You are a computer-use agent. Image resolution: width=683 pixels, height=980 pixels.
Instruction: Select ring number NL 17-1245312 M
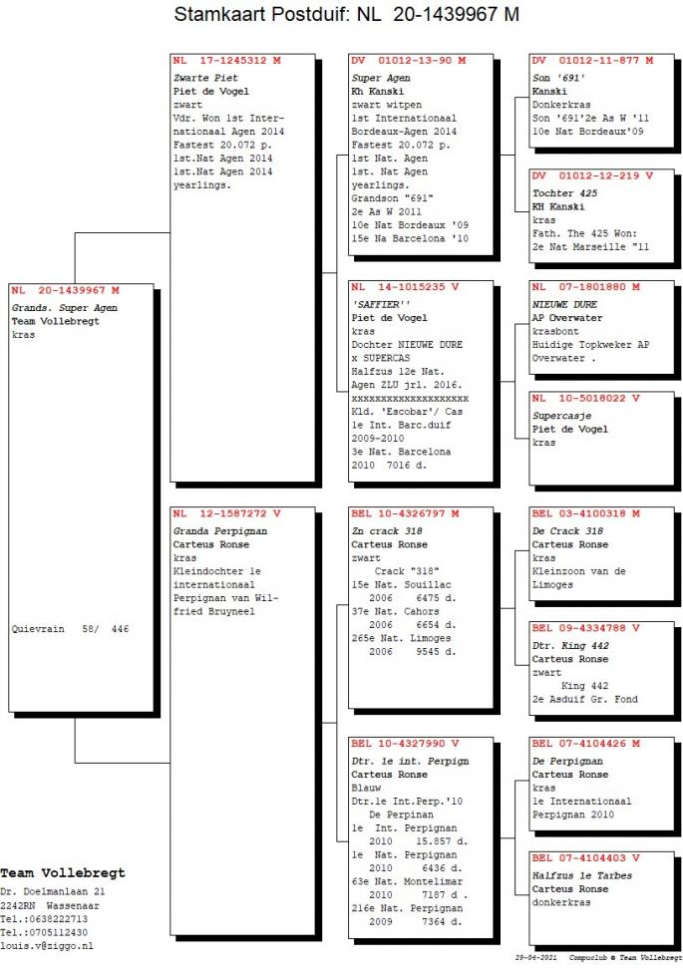(226, 61)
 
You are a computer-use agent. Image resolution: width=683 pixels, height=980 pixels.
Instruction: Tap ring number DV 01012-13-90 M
(409, 61)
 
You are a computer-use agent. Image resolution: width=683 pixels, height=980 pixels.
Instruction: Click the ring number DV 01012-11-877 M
(592, 61)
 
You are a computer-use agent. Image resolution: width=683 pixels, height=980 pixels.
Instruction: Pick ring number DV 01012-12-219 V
(592, 175)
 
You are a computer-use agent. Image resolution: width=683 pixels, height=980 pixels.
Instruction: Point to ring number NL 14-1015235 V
(405, 287)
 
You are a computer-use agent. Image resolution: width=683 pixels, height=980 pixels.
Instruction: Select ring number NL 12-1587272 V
(226, 513)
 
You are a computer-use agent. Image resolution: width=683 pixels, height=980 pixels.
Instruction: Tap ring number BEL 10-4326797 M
(405, 513)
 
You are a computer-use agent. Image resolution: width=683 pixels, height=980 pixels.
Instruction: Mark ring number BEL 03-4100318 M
(586, 513)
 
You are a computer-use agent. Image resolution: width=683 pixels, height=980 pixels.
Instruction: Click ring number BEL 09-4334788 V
(586, 628)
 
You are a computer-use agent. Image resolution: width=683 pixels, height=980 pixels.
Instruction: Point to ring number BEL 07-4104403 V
(586, 858)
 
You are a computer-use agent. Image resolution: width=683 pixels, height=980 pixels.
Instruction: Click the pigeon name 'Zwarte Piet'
(205, 78)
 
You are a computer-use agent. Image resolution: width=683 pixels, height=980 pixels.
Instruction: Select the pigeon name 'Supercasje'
(561, 416)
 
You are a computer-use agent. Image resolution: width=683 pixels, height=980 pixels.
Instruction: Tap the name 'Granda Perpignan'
(220, 531)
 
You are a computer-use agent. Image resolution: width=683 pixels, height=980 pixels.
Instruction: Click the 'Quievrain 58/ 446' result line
(70, 629)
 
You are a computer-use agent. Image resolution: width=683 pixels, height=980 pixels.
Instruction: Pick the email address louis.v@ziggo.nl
(47, 946)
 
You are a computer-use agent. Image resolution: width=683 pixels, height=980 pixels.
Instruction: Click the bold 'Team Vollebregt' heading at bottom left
(63, 873)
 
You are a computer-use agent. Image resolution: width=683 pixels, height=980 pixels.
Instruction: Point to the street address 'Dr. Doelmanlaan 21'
(53, 892)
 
